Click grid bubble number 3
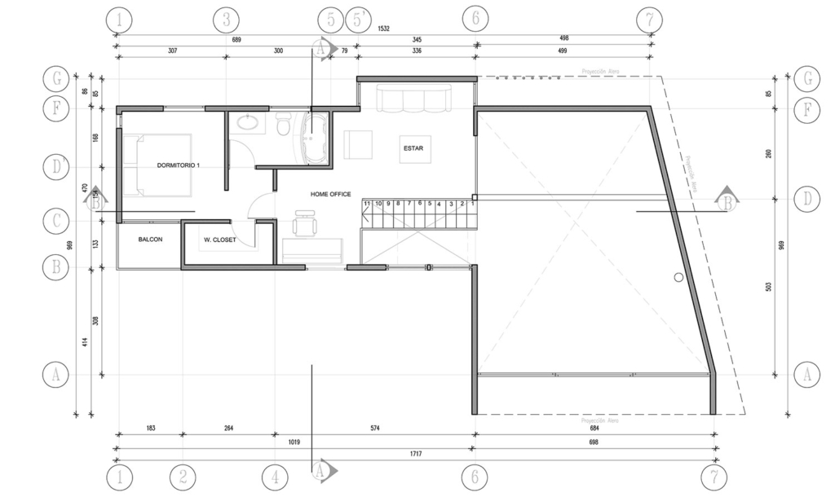coord(226,20)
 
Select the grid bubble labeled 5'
coord(357,20)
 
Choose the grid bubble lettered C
coord(55,220)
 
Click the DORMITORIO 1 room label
coord(178,165)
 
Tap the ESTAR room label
coord(413,147)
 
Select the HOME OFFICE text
coord(330,194)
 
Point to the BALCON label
coord(149,240)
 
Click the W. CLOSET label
coord(220,240)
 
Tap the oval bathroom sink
coord(245,124)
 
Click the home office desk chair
coord(304,223)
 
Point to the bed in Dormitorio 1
coord(159,165)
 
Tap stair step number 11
coord(368,203)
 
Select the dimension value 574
coord(374,428)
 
